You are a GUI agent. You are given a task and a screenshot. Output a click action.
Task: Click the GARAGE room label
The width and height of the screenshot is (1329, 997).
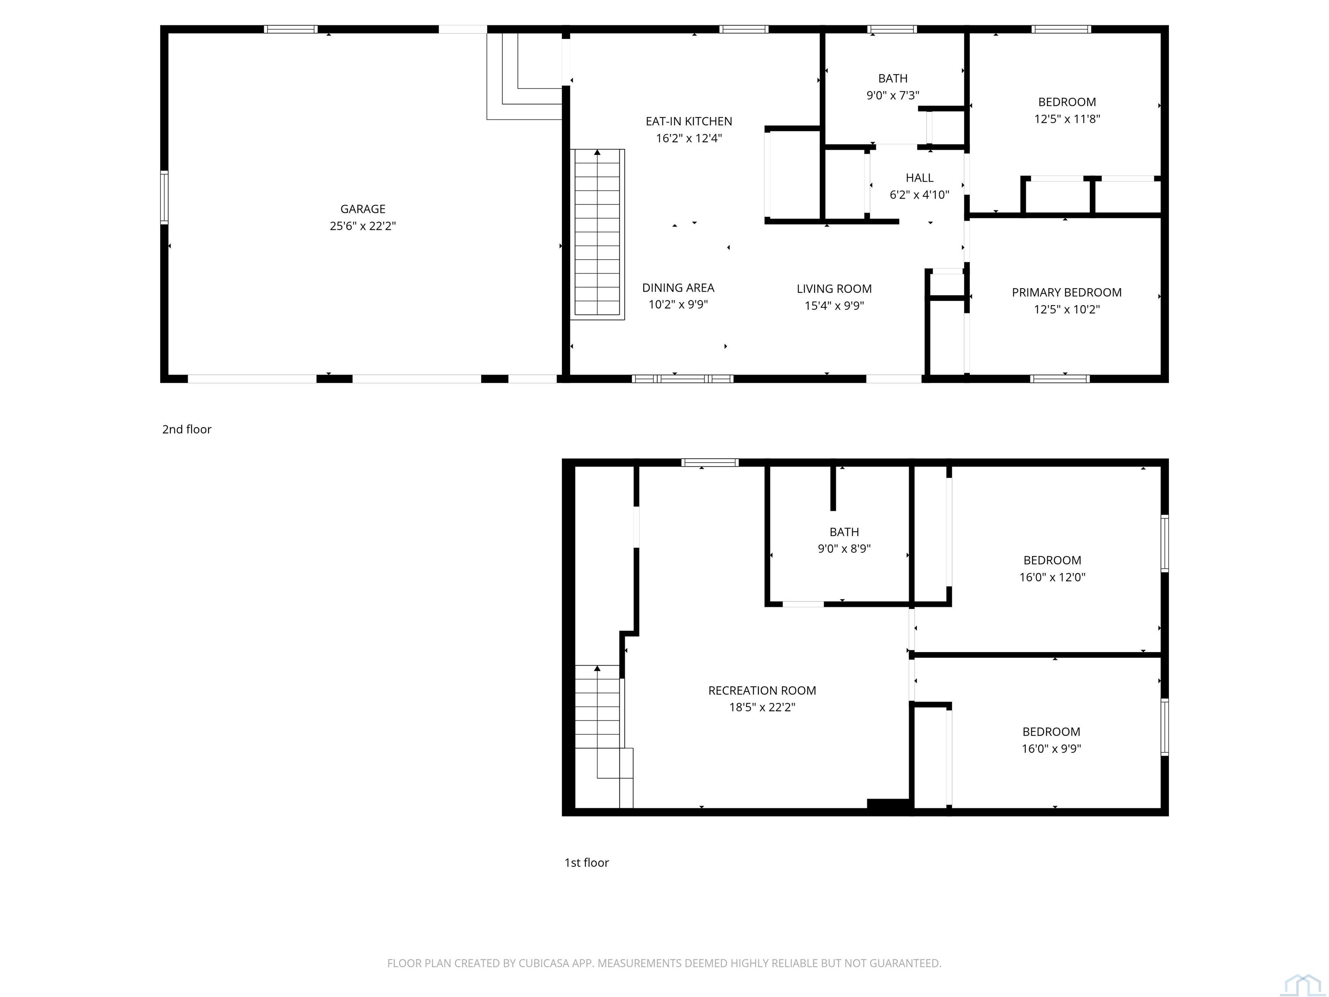tap(363, 209)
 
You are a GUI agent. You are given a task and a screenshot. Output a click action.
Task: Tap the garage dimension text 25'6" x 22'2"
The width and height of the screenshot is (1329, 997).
tap(363, 226)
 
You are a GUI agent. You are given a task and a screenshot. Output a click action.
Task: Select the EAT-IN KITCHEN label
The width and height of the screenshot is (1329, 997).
tap(689, 122)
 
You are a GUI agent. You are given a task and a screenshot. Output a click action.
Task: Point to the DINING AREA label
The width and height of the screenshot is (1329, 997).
tap(678, 288)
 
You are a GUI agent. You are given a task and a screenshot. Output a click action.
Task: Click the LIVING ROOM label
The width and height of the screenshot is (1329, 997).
tap(834, 289)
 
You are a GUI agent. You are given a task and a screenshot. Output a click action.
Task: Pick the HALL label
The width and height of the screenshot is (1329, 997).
tap(919, 178)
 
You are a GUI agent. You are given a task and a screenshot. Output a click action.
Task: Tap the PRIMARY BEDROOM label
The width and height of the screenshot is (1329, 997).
tap(1066, 293)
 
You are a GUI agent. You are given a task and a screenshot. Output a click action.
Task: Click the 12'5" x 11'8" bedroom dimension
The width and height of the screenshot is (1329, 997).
tap(1067, 119)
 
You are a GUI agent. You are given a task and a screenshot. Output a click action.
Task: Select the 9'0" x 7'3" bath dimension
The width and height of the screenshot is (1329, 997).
tap(893, 95)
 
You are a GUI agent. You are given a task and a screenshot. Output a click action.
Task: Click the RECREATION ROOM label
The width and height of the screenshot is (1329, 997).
tap(762, 691)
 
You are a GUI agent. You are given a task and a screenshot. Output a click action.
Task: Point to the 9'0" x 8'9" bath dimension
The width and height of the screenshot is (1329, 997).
tap(844, 548)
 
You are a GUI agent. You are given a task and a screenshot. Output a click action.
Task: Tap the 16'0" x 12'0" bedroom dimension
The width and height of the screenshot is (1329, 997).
tap(1052, 577)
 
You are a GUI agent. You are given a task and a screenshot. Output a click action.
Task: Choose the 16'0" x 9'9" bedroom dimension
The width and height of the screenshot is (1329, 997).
tap(1051, 748)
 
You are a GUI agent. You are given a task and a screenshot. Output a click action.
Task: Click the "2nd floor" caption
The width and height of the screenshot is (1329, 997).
tap(187, 429)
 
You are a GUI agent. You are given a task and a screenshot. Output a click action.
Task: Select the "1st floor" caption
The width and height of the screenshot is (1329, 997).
tap(586, 862)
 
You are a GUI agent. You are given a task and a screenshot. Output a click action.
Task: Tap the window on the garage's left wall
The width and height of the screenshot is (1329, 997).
tap(164, 197)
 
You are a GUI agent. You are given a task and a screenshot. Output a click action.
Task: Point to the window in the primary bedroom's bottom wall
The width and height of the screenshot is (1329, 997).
tap(1060, 379)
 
